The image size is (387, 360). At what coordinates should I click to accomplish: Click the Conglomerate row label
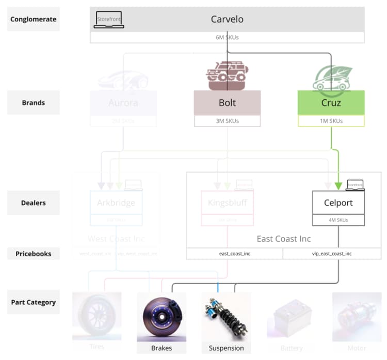click(34, 20)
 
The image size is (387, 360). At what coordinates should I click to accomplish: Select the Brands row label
click(34, 102)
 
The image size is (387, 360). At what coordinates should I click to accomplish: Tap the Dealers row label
click(34, 202)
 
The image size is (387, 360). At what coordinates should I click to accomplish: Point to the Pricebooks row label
click(34, 254)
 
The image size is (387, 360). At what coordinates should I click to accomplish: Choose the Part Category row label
click(34, 302)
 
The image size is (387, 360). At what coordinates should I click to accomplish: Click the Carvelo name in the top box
click(227, 20)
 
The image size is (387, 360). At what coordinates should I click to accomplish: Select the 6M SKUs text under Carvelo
click(227, 37)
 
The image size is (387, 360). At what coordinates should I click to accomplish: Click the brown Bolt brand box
click(227, 103)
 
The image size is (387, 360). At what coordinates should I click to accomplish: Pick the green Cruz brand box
click(331, 103)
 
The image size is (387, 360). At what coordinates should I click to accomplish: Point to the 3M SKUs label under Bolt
click(227, 121)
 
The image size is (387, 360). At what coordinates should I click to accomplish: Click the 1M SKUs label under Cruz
click(331, 121)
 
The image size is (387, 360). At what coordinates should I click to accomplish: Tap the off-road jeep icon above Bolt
click(227, 75)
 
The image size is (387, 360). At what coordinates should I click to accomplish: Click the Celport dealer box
click(338, 202)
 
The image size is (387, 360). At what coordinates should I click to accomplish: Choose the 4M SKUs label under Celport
click(338, 220)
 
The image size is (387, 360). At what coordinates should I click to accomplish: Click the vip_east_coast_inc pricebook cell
click(332, 254)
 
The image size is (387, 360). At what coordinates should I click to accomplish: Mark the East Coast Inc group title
click(284, 239)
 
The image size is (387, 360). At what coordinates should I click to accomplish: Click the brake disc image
click(161, 317)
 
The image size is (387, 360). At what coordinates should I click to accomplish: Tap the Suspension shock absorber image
click(226, 317)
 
